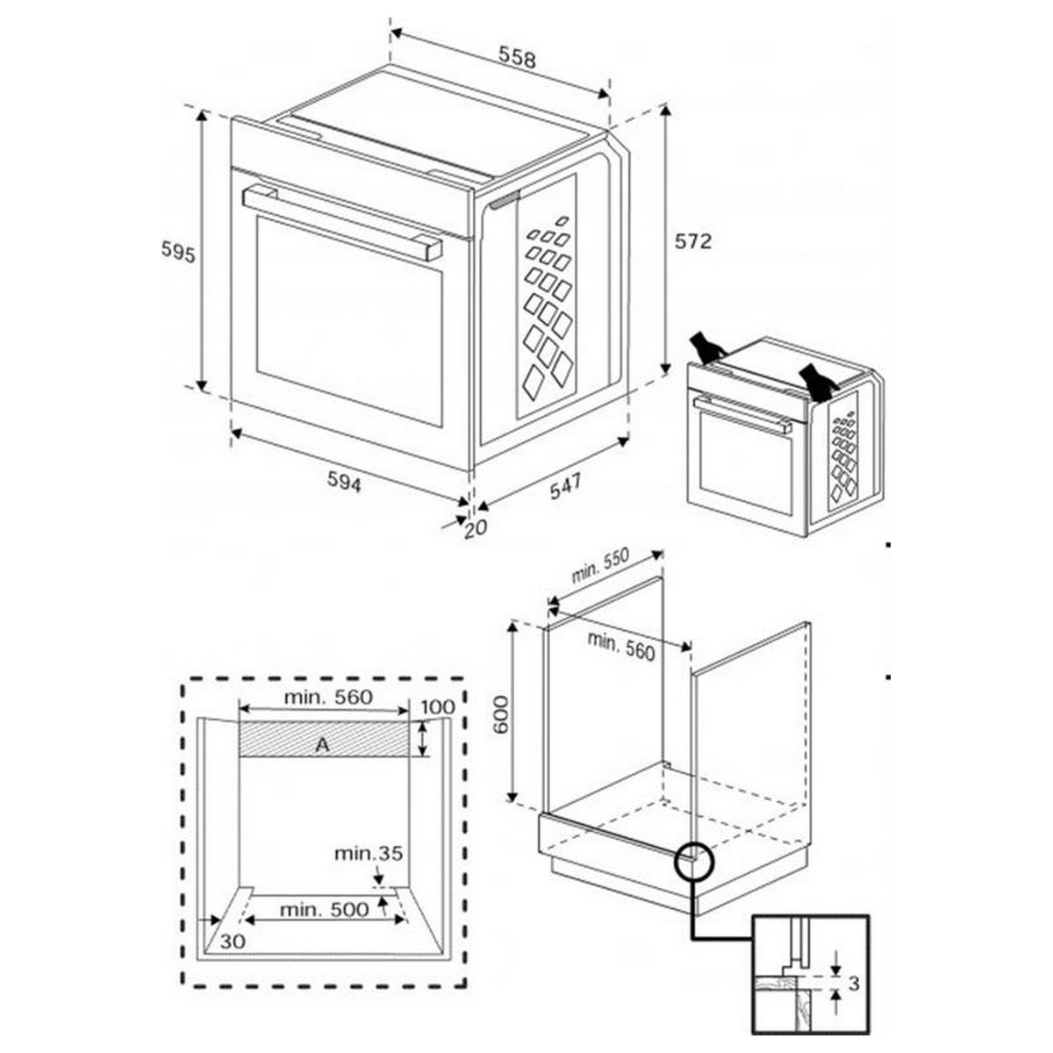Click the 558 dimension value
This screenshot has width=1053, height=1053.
[517, 57]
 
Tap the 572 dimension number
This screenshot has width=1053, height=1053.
[693, 241]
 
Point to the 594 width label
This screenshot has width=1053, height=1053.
[344, 482]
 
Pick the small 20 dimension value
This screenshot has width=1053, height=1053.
[476, 528]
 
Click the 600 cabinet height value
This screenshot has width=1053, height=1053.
[501, 714]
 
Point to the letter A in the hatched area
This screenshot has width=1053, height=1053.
[323, 744]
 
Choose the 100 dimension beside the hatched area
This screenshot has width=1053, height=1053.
[438, 707]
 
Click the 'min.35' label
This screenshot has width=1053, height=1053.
[369, 854]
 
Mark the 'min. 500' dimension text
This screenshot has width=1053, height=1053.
[325, 910]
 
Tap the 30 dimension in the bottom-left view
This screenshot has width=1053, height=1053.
[233, 941]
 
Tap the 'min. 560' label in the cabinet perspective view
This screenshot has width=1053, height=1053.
[620, 646]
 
